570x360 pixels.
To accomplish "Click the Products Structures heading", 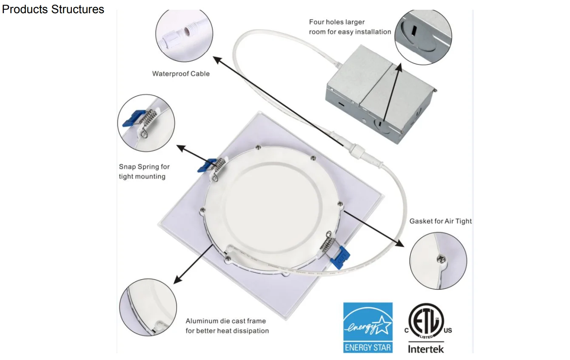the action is tap(53, 9).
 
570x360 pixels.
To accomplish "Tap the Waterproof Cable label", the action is tap(181, 74).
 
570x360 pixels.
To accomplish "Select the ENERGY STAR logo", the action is tap(368, 327).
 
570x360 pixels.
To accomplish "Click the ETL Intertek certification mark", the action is tap(426, 328).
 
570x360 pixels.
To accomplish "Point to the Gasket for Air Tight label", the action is tap(441, 221).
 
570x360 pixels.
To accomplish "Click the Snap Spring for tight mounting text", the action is tap(144, 172).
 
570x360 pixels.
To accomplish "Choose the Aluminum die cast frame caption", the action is tap(227, 326).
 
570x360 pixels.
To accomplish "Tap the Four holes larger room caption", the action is tap(350, 27).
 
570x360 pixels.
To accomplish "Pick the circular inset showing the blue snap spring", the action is tap(146, 123).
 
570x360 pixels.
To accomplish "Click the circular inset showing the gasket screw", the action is tap(438, 261).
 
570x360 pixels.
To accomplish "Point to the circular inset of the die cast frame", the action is tap(148, 307).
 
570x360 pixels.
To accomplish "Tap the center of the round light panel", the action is tap(272, 207).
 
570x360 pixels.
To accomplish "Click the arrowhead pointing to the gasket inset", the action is tap(400, 243).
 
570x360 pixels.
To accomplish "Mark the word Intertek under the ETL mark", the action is tap(426, 349).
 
